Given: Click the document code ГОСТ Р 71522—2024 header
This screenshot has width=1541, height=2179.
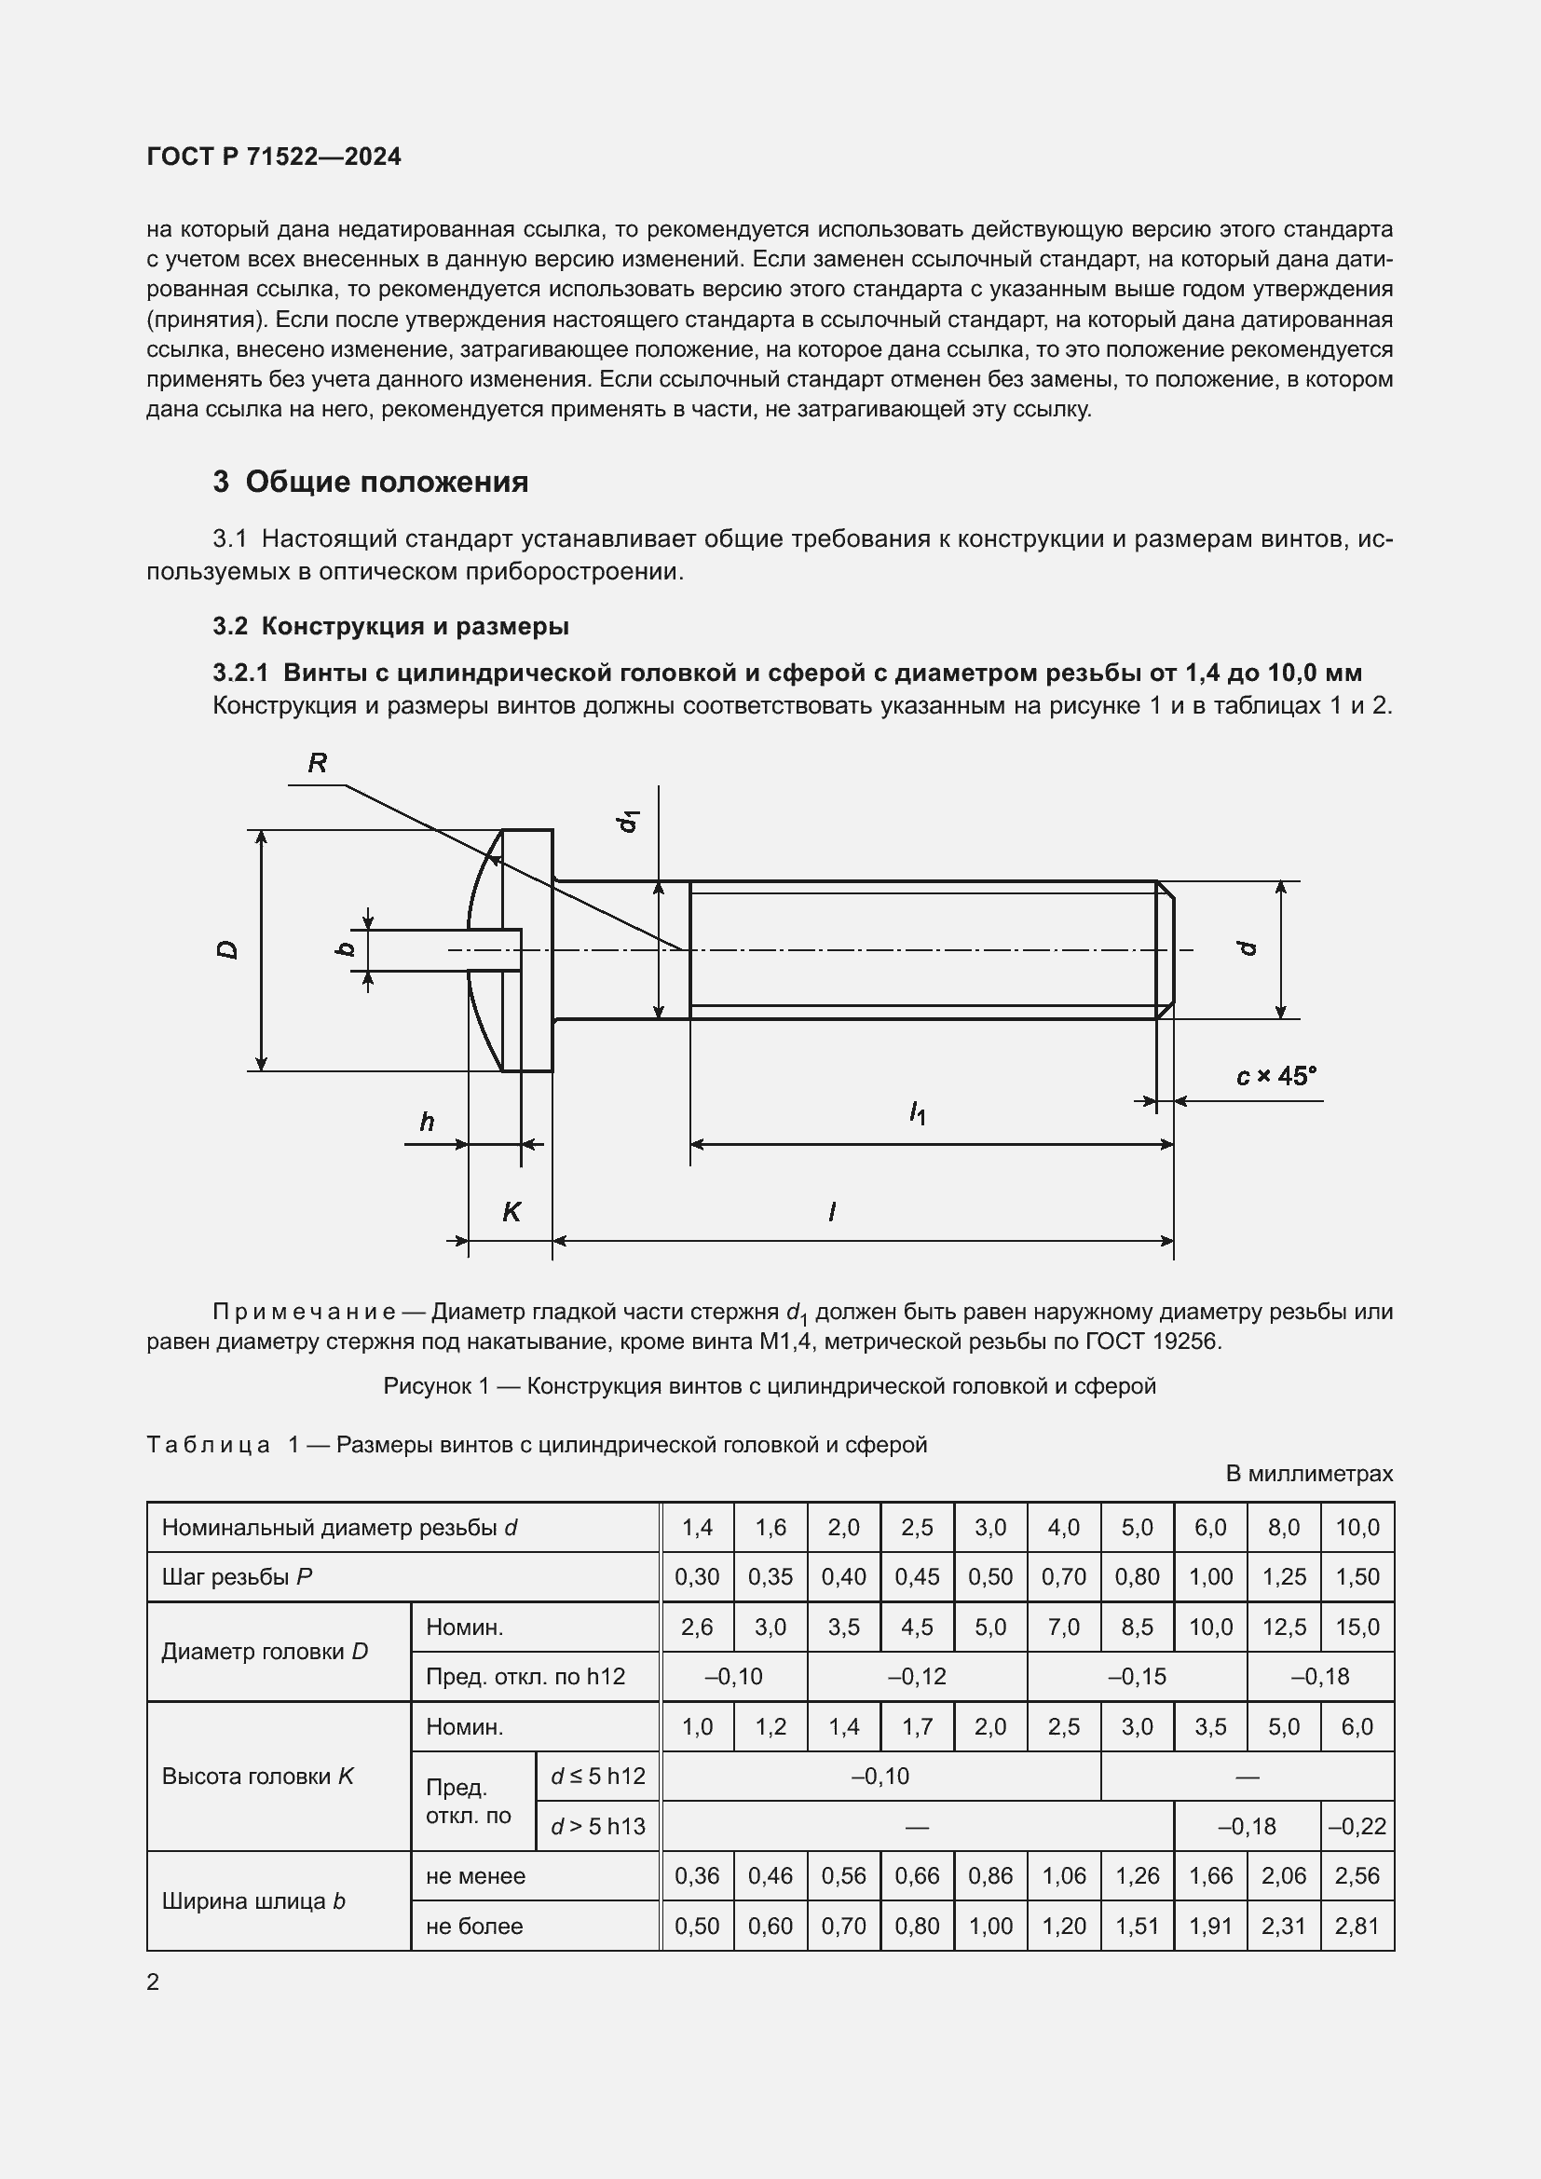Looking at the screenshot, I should tap(273, 157).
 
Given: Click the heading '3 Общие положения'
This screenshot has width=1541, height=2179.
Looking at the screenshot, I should tap(370, 483).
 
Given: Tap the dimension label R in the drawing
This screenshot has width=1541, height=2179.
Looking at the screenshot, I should tap(317, 763).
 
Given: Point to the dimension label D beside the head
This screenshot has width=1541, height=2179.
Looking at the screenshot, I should tap(228, 949).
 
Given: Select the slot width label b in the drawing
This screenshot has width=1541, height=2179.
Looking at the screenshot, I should tap(347, 948).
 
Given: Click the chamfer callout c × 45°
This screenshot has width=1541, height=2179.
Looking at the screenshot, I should tap(1276, 1076).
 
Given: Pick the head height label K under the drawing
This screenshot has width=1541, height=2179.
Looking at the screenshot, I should tap(511, 1212).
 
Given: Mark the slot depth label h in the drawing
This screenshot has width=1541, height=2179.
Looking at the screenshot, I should tap(427, 1123).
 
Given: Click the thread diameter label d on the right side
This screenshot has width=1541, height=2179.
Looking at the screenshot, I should tap(1248, 948).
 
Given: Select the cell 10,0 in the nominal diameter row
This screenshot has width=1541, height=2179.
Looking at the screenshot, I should tap(1357, 1527).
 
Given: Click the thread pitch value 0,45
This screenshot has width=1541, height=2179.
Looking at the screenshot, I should tap(917, 1576).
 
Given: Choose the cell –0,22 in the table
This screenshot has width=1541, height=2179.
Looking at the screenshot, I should tap(1357, 1826).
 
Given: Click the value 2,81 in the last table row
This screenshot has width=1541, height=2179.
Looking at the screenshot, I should tap(1357, 1926).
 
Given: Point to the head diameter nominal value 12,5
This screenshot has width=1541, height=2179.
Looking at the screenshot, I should tap(1284, 1627).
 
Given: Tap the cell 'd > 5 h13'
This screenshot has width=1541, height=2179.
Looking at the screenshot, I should tap(598, 1826).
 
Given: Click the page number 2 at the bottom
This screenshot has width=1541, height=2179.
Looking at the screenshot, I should tap(153, 1982).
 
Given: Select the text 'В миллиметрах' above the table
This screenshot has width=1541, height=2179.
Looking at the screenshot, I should tap(1308, 1474).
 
